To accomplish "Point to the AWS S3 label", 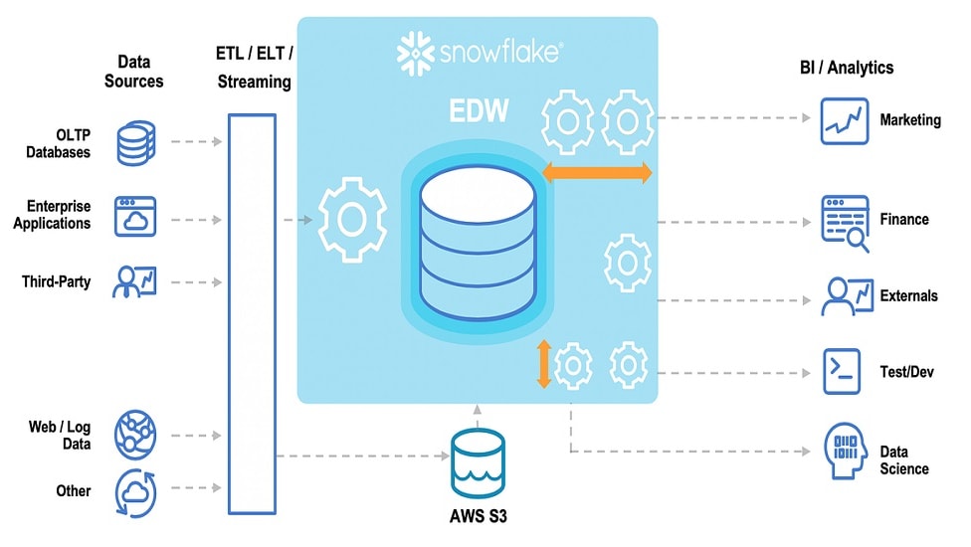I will pyautogui.click(x=477, y=517).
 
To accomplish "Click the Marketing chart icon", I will pyautogui.click(x=845, y=120).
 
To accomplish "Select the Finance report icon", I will pyautogui.click(x=845, y=222).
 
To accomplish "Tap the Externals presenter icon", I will pyautogui.click(x=845, y=295).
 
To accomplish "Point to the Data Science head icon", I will pyautogui.click(x=845, y=452).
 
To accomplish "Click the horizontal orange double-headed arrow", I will pyautogui.click(x=597, y=173).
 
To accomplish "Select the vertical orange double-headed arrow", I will pyautogui.click(x=543, y=364).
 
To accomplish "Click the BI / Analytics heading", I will pyautogui.click(x=846, y=68).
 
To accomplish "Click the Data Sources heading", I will pyautogui.click(x=133, y=71).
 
